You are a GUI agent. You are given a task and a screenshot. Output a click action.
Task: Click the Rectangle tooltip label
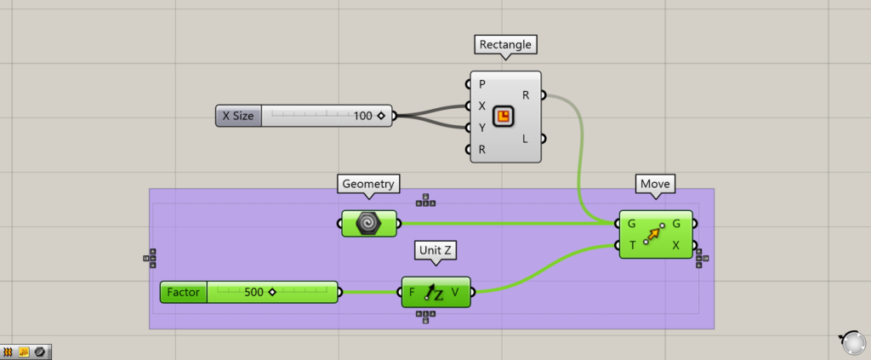506,44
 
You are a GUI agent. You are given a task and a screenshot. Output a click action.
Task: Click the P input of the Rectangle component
482,84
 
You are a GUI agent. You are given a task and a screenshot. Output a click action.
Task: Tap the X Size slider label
238,116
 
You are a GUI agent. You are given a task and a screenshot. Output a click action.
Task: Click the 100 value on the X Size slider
363,116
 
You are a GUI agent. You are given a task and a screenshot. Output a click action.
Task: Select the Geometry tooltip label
369,183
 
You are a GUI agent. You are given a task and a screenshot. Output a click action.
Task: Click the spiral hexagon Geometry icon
369,223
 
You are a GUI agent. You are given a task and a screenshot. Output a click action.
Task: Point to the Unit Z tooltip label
435,251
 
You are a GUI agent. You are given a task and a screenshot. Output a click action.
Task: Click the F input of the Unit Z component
413,292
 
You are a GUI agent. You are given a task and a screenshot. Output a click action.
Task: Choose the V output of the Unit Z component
457,292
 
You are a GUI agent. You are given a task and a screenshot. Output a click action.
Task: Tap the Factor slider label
183,292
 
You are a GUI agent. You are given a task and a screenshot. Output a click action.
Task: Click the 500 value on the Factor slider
253,292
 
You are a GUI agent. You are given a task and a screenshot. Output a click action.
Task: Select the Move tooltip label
656,183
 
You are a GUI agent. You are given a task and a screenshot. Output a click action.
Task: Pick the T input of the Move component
631,245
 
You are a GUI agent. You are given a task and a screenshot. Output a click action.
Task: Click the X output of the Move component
676,245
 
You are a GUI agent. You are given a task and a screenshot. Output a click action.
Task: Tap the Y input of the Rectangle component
482,128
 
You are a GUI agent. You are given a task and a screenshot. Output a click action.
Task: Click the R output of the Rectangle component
526,95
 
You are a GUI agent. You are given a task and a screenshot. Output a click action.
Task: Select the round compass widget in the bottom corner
851,342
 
